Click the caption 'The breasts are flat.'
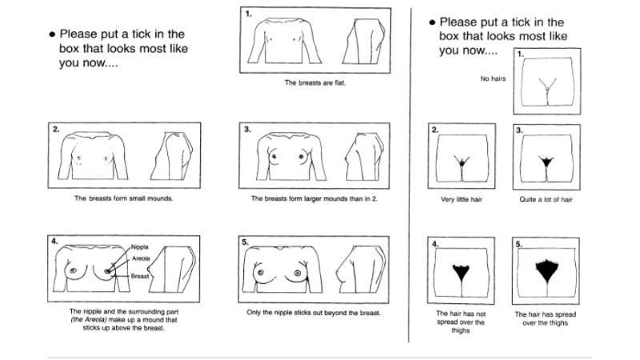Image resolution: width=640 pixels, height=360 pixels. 314,82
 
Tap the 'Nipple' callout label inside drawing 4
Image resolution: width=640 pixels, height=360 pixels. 139,247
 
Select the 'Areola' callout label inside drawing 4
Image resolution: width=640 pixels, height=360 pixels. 141,258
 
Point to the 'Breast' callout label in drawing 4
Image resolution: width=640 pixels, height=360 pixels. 139,276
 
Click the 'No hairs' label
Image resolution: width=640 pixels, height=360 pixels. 493,78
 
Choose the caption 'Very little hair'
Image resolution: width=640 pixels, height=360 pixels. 462,199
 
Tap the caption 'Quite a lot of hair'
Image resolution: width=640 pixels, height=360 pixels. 546,199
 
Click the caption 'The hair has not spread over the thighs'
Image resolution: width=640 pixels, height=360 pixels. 461,322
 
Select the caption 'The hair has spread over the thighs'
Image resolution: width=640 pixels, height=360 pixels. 546,318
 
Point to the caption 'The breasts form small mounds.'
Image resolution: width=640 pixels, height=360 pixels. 124,198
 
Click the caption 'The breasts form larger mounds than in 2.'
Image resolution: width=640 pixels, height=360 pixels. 314,198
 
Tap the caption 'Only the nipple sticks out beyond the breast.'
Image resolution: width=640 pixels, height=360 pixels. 314,313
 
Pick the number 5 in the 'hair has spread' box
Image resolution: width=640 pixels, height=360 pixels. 518,244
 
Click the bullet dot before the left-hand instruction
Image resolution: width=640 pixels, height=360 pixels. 52,34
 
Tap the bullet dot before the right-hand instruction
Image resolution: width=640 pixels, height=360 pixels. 432,22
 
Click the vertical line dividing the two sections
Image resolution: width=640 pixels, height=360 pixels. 410,174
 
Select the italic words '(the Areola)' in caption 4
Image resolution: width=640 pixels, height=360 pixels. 89,319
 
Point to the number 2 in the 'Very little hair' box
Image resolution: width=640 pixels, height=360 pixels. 434,130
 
